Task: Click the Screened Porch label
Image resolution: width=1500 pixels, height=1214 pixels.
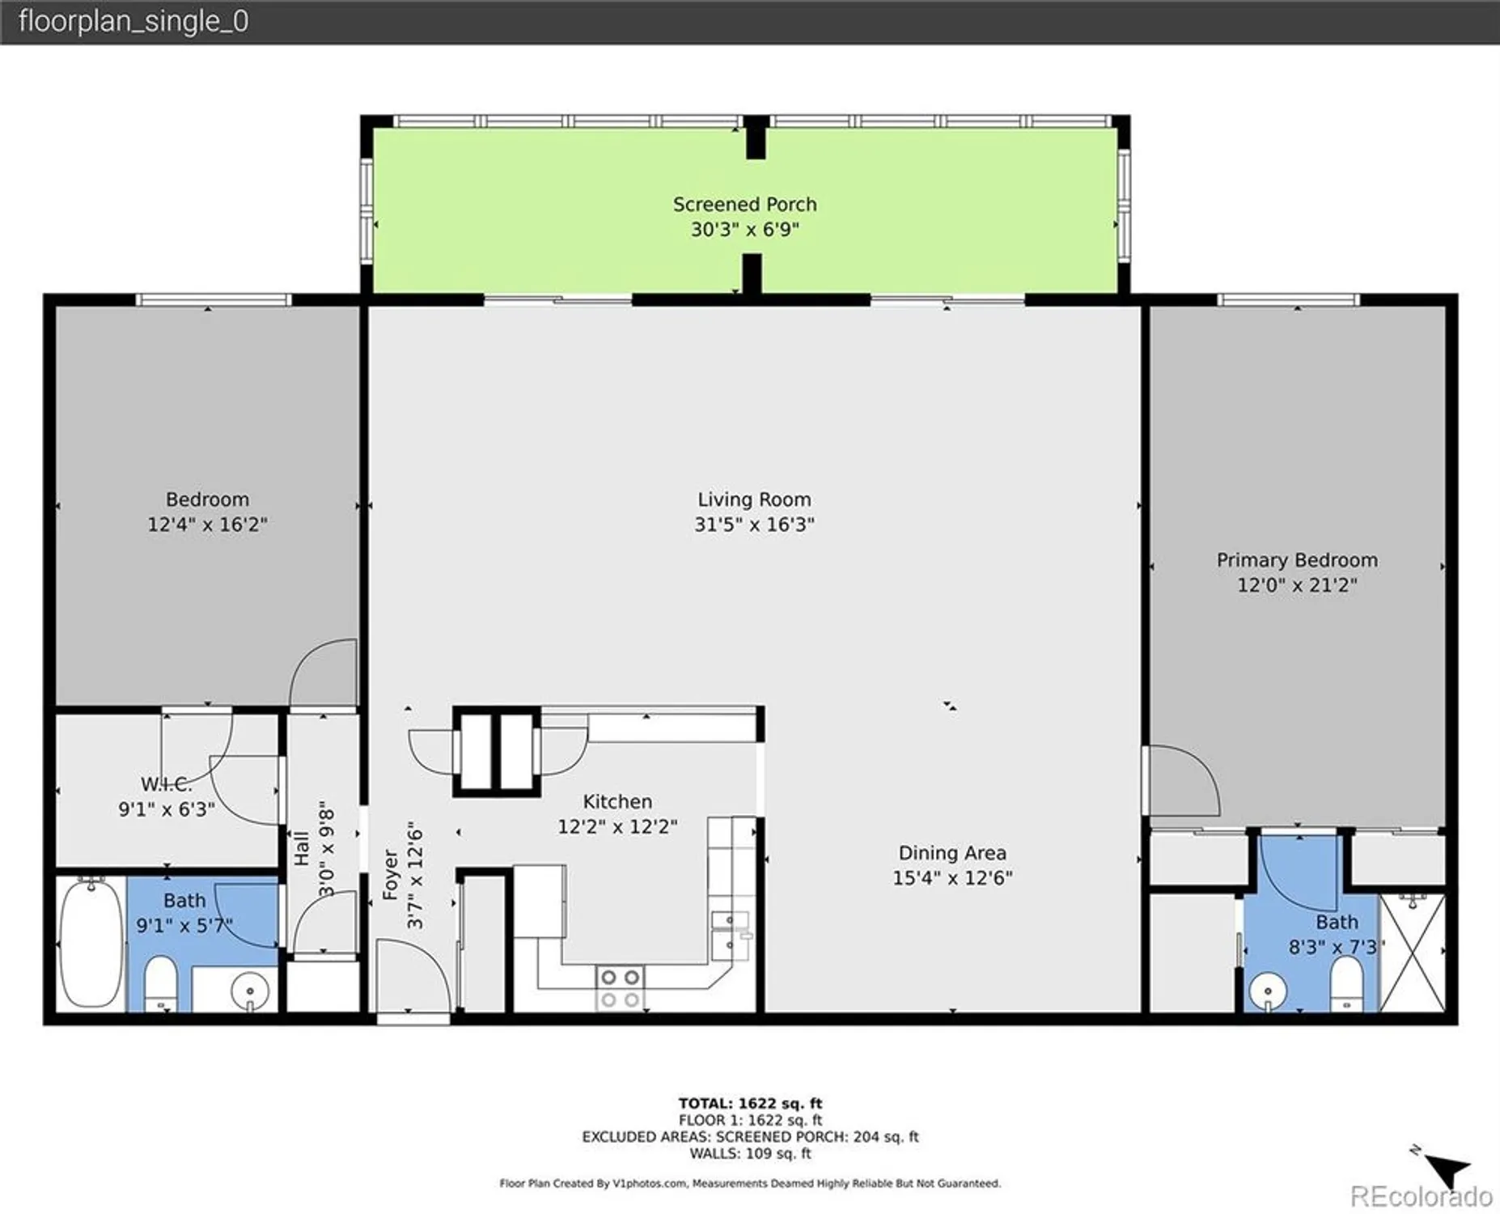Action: point(744,205)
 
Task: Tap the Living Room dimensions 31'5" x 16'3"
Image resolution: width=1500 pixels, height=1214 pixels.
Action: point(754,524)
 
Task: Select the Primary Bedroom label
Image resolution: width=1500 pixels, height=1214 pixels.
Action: point(1296,560)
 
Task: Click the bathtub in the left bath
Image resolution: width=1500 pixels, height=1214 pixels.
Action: point(91,943)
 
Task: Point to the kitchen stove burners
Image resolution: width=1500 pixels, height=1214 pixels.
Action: point(620,987)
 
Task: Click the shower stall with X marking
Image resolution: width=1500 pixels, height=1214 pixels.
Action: point(1412,952)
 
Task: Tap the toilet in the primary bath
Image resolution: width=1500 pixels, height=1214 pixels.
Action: point(1346,983)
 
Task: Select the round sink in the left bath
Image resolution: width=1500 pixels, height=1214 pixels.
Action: point(250,990)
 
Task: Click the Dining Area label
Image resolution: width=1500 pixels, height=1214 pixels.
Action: point(952,853)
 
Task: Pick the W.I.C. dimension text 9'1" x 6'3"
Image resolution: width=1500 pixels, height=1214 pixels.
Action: point(167,809)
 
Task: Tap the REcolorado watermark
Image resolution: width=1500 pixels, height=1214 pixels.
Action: point(1421,1195)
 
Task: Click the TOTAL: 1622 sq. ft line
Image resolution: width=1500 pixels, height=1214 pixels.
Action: point(750,1103)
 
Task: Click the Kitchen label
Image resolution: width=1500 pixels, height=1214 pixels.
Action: point(617,802)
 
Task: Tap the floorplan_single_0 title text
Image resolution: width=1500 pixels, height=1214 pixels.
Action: point(133,21)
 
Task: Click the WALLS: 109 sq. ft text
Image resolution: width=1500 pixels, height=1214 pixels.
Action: point(750,1153)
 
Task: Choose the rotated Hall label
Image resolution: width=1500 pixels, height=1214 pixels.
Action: point(302,848)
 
